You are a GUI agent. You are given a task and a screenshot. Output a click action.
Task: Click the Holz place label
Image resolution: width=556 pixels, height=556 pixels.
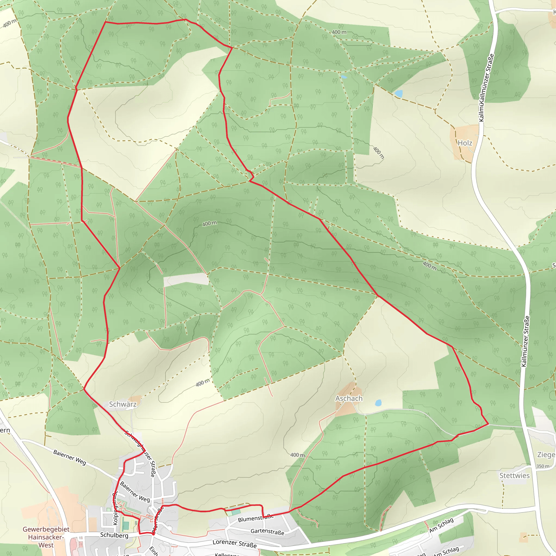pos(465,143)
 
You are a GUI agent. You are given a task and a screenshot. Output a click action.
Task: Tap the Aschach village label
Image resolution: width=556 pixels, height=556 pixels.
pos(349,398)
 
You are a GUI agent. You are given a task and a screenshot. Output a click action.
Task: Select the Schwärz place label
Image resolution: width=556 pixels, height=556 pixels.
pos(123,404)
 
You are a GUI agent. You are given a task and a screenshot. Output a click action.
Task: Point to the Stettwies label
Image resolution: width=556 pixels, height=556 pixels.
pos(514,475)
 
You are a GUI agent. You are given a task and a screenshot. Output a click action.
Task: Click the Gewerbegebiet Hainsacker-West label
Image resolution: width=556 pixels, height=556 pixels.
pos(46,537)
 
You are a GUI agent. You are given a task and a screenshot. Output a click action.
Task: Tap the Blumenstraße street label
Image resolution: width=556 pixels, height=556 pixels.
pos(256,518)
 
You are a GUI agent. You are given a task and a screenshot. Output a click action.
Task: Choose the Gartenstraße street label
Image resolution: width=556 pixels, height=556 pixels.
pos(267,531)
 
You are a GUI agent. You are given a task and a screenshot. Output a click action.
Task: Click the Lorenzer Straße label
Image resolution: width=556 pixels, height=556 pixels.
pos(235,544)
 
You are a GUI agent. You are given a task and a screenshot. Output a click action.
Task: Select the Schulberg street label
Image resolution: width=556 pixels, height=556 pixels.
pos(114,535)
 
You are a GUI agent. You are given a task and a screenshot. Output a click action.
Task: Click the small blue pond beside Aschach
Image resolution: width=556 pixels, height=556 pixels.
pos(378,403)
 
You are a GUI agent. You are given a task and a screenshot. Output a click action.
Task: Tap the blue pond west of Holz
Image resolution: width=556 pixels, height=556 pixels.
pos(399,94)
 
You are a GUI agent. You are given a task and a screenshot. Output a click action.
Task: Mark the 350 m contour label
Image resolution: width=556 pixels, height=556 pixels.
pos(542,466)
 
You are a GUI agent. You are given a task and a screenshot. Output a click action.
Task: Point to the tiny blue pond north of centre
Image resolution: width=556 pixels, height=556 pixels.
pos(344,77)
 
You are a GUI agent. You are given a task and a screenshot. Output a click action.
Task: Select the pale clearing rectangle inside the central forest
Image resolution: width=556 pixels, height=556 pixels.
pos(186,279)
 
